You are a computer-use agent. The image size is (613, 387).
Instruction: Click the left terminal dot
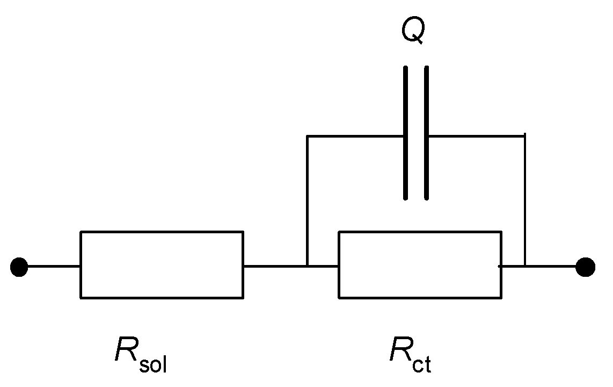click(19, 267)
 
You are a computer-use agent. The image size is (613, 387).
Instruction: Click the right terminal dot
click(585, 267)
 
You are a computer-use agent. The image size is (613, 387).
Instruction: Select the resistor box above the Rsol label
click(162, 264)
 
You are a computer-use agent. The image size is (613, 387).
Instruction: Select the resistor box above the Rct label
click(420, 264)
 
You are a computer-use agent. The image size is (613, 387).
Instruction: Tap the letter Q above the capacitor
click(413, 32)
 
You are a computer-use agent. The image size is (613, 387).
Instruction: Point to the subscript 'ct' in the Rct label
click(422, 365)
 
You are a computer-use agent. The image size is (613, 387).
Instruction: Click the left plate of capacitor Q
click(406, 133)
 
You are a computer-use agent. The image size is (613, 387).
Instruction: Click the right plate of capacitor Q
click(427, 133)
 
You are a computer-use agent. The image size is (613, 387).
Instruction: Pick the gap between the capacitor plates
click(416, 133)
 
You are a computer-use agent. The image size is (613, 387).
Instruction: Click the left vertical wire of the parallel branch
click(307, 202)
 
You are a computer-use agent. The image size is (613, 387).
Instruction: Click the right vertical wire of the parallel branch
click(525, 202)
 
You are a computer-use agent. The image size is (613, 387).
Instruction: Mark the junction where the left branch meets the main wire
click(307, 266)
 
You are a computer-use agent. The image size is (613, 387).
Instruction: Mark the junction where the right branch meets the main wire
click(525, 266)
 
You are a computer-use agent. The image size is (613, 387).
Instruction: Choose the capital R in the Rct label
click(400, 351)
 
